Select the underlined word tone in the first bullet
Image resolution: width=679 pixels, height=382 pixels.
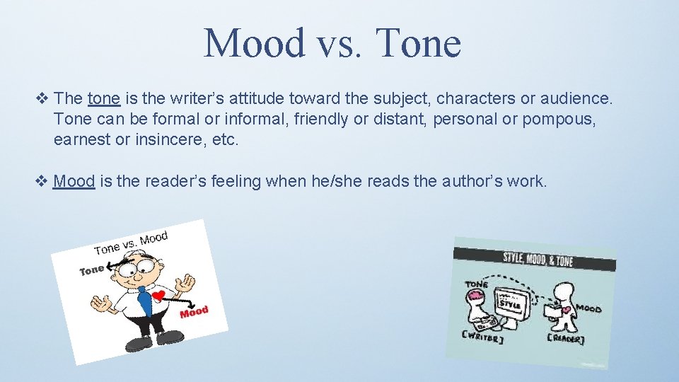103,98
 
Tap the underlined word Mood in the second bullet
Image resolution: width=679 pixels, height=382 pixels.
74,181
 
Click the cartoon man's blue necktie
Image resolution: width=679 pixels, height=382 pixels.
144,300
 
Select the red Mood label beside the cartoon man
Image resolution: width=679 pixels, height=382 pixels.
194,311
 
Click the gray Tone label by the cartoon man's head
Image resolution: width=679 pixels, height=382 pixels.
91,270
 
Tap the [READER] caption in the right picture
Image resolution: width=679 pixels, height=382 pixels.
566,340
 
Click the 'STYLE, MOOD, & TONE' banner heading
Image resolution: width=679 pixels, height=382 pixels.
538,258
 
